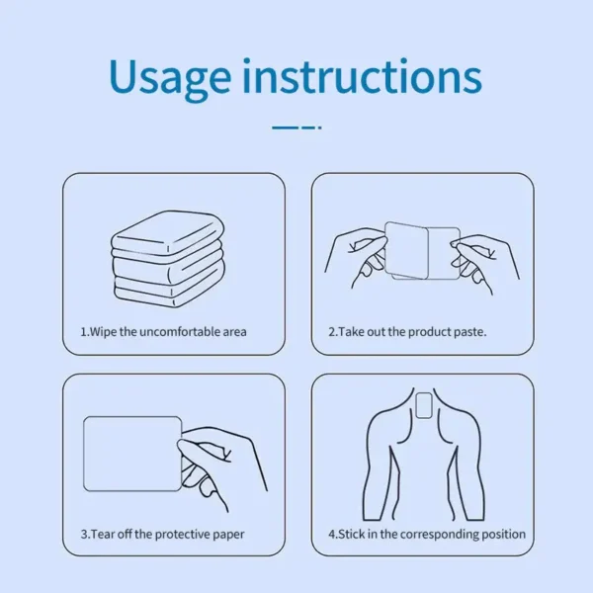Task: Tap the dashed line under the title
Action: pos(296,127)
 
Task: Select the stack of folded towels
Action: pos(168,259)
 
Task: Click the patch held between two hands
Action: pos(422,251)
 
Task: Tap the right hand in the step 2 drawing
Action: pos(485,262)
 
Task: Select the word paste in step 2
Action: pos(468,332)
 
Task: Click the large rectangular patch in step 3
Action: pos(132,454)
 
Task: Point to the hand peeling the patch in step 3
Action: pos(221,467)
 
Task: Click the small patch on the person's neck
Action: pos(424,405)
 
